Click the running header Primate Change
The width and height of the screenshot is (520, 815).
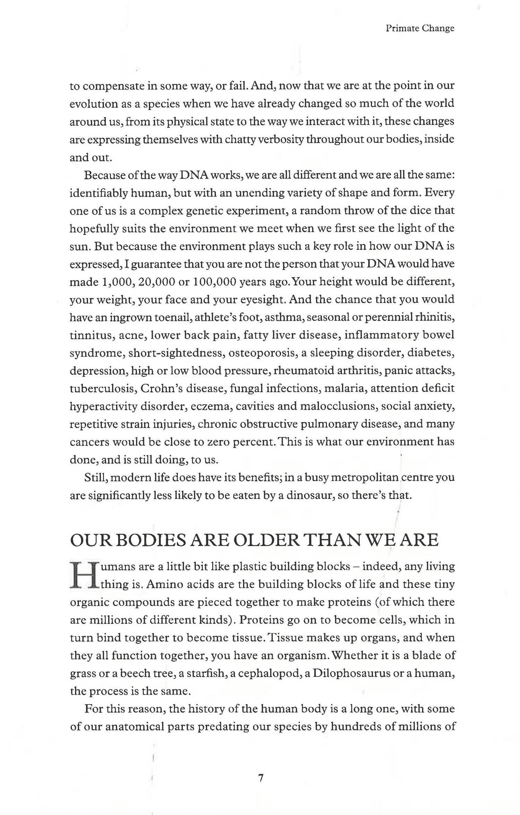click(x=419, y=28)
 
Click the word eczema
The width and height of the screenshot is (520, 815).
click(x=211, y=406)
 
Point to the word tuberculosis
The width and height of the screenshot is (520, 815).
click(x=102, y=388)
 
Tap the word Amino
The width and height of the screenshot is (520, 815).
click(x=159, y=584)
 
